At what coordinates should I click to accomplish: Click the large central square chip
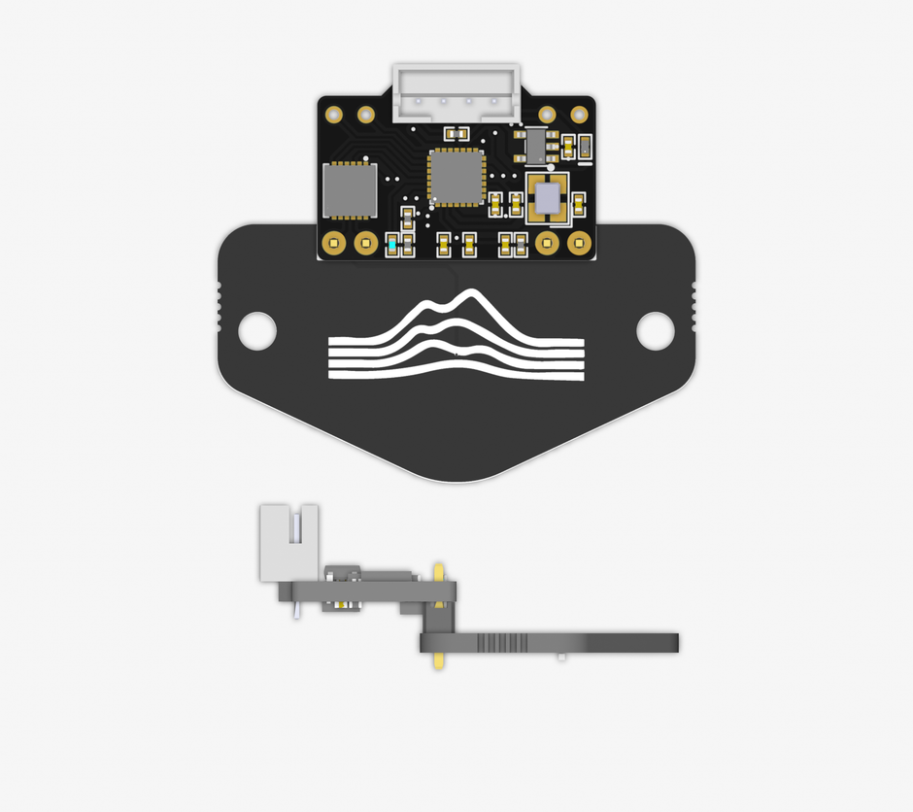[x=456, y=177]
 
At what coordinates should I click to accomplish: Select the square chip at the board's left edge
[x=349, y=188]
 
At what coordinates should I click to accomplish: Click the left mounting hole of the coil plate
[x=257, y=330]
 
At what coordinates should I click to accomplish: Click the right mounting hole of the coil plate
[x=656, y=330]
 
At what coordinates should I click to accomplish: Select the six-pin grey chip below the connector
[x=535, y=144]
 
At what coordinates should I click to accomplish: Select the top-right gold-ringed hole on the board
[x=579, y=114]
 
